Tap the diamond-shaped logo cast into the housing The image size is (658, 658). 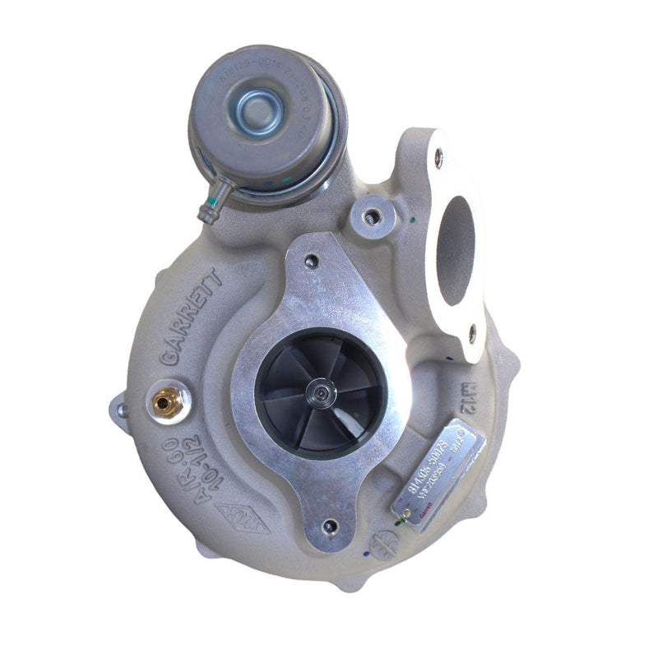tap(243, 518)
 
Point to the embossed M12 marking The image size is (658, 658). tap(469, 387)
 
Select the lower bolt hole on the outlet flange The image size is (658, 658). tap(472, 333)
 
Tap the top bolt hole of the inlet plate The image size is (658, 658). tap(311, 262)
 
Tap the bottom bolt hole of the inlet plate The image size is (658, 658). tap(331, 525)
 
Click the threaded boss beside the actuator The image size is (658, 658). tap(373, 218)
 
